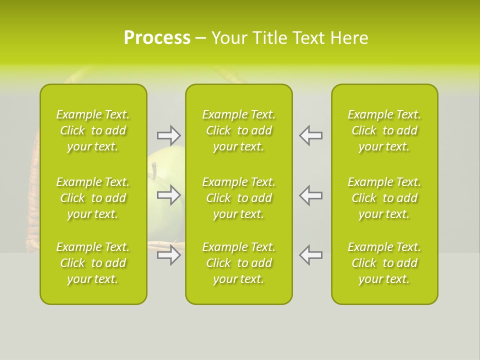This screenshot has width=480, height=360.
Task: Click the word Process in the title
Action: [157, 38]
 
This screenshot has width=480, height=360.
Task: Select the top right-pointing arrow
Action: [168, 135]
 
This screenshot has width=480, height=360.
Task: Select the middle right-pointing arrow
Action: [168, 195]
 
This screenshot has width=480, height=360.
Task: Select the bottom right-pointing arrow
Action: [168, 255]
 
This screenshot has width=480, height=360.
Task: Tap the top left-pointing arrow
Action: [310, 135]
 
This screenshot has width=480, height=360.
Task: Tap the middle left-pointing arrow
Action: [310, 195]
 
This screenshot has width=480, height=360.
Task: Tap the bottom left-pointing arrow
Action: [310, 255]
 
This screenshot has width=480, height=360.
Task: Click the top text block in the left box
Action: [93, 130]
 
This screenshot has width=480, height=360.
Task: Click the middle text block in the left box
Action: [93, 198]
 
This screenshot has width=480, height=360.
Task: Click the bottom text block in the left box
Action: [93, 263]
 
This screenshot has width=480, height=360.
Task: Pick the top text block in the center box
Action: [238, 130]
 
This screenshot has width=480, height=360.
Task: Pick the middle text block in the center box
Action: [238, 198]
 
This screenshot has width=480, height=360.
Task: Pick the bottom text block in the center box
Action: [238, 263]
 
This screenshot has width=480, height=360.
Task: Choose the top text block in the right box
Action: [384, 130]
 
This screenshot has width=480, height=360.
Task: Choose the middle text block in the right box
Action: [384, 198]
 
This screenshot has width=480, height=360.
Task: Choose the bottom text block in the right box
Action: [384, 263]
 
